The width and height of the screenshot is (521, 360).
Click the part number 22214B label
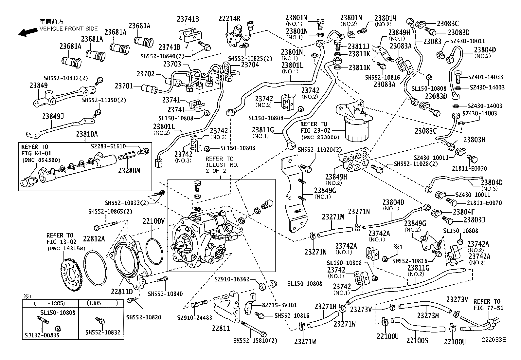click(229, 19)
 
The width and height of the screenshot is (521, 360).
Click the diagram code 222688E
click(493, 340)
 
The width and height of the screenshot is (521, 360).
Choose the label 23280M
click(129, 171)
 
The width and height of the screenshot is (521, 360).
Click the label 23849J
click(53, 116)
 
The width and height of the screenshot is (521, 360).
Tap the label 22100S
click(417, 341)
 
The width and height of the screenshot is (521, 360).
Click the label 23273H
click(428, 315)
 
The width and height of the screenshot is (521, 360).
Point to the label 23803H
click(474, 140)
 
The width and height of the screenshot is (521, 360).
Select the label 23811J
click(358, 47)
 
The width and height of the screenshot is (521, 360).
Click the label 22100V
click(153, 221)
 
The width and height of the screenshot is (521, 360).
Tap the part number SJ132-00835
click(42, 335)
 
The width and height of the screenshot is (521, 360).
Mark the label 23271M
click(333, 217)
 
